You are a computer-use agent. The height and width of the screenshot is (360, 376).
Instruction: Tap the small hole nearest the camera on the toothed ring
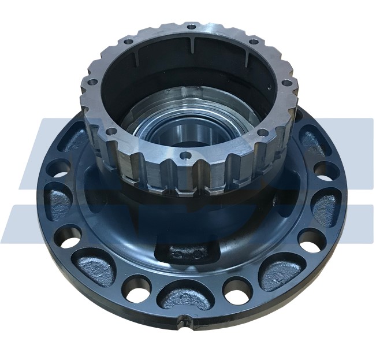(185, 155)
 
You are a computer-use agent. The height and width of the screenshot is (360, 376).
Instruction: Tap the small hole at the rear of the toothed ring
(191, 27)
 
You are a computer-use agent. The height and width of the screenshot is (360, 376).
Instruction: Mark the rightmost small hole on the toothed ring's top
(288, 83)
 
